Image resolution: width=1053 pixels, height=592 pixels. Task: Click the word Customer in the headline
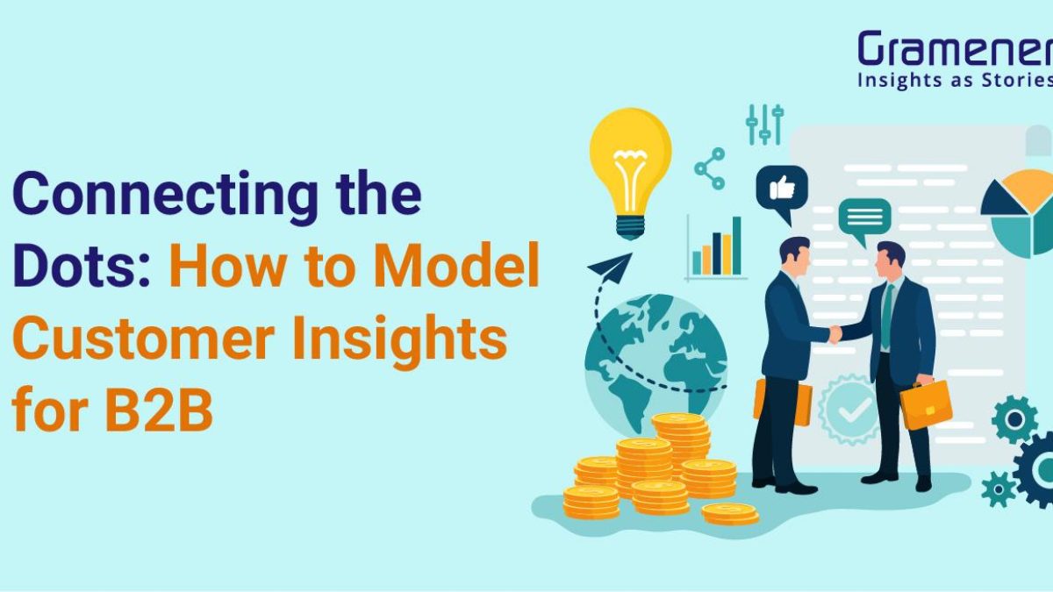[x=144, y=338]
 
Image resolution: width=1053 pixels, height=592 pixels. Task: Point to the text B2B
[x=159, y=409]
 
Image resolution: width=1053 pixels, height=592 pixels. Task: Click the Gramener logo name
[x=956, y=48]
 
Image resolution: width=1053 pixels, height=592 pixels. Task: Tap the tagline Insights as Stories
[x=956, y=81]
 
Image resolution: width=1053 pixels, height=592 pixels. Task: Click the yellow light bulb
[x=630, y=173]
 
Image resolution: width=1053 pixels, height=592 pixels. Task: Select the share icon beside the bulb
[x=709, y=168]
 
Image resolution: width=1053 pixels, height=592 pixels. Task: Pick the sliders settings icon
[x=765, y=125]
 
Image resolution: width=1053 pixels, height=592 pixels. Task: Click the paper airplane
[x=610, y=267]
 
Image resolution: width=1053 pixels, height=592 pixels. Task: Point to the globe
[x=655, y=364]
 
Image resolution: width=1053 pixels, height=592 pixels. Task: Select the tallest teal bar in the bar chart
[x=736, y=246]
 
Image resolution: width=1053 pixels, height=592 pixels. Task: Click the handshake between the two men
[x=836, y=333]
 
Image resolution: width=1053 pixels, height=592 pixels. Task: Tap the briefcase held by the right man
[x=926, y=406]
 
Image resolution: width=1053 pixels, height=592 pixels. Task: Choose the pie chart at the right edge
[x=1019, y=214]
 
